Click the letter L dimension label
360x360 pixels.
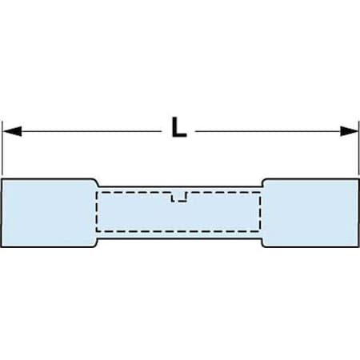pyautogui.click(x=179, y=127)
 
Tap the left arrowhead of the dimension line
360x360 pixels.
pyautogui.click(x=12, y=131)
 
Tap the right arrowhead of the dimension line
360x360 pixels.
pyautogui.click(x=349, y=131)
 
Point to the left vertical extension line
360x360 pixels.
pyautogui.click(x=2, y=149)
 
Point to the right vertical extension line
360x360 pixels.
pyautogui.click(x=358, y=149)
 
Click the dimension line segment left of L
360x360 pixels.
pyautogui.click(x=91, y=131)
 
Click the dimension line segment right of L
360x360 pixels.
pyautogui.click(x=267, y=131)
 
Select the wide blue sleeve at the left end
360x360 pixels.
pyautogui.click(x=49, y=213)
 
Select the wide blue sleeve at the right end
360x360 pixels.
pyautogui.click(x=310, y=213)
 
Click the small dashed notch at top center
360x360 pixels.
pyautogui.click(x=179, y=197)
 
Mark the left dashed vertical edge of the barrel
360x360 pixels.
pyautogui.click(x=97, y=211)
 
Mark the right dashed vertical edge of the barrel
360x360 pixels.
pyautogui.click(x=260, y=211)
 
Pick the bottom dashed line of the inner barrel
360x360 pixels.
pyautogui.click(x=178, y=231)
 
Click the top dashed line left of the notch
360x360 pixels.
pyautogui.click(x=134, y=192)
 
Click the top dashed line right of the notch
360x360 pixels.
pyautogui.click(x=223, y=192)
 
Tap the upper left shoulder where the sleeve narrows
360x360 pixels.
pyautogui.click(x=97, y=182)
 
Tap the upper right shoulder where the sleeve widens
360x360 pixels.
pyautogui.click(x=263, y=182)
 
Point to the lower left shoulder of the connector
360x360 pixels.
pyautogui.click(x=97, y=243)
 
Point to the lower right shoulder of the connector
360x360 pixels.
pyautogui.click(x=263, y=243)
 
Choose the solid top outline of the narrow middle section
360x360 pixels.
pyautogui.click(x=180, y=187)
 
